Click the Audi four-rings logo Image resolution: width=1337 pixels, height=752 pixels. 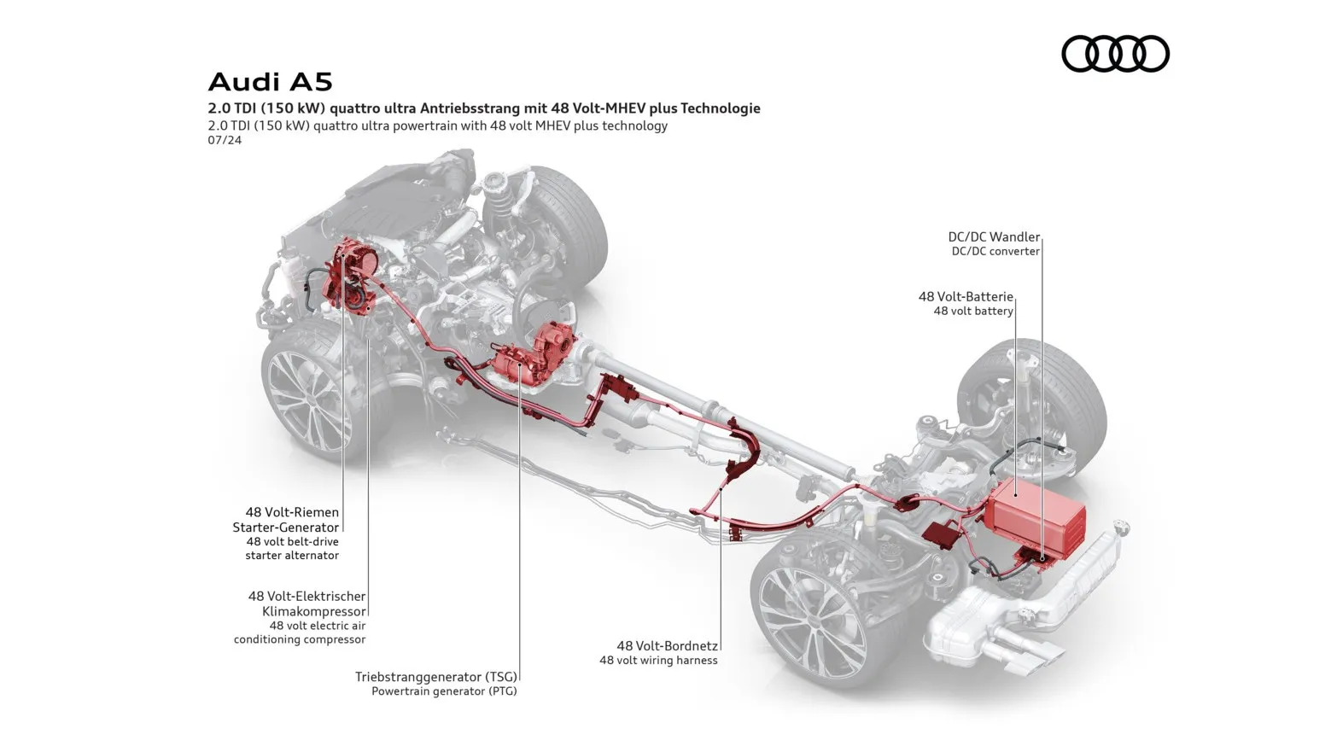click(x=1115, y=54)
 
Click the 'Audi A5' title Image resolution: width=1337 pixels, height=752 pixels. click(x=270, y=82)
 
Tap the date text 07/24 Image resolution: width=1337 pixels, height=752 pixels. click(x=225, y=140)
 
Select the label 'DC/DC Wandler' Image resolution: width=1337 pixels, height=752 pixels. click(x=994, y=237)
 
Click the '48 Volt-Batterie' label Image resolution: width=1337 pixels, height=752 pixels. click(x=966, y=297)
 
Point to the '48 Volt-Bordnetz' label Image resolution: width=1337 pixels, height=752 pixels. click(x=668, y=646)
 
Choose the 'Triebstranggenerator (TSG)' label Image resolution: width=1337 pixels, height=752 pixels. click(x=436, y=677)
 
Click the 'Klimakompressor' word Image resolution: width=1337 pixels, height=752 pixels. click(x=314, y=612)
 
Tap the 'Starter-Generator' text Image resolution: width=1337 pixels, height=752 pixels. click(x=286, y=528)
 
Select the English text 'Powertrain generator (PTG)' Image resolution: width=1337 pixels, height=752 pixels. click(x=444, y=691)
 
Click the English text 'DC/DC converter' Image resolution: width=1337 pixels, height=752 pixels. click(x=995, y=251)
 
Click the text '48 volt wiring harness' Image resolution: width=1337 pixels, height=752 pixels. click(x=658, y=660)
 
